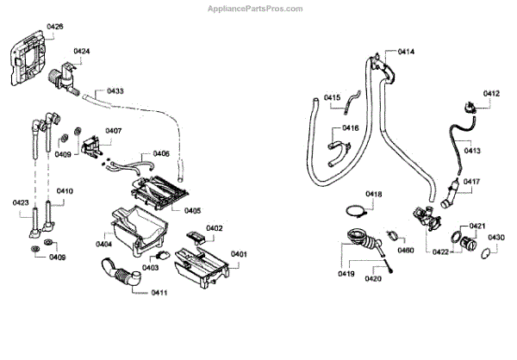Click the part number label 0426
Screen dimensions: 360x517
(54, 27)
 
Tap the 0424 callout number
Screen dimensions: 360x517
(83, 52)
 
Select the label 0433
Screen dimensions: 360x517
(115, 90)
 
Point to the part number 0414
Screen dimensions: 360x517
(406, 53)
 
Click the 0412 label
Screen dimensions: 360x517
(491, 93)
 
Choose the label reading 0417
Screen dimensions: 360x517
(471, 182)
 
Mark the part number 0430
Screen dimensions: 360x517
(496, 238)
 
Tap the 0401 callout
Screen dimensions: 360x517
(239, 254)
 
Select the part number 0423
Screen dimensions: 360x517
(22, 202)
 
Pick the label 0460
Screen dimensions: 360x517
(406, 250)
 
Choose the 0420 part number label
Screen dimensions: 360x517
(373, 278)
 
